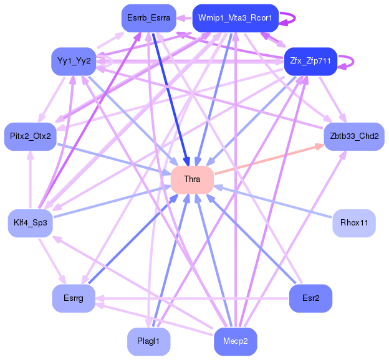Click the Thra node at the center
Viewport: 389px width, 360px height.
[192, 179]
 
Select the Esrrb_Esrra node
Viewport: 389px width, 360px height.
[148, 18]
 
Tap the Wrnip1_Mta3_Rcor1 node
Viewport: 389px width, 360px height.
[235, 18]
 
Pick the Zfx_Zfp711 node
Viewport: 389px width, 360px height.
[310, 61]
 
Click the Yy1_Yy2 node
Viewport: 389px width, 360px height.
[74, 61]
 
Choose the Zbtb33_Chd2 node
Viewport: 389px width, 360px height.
[353, 136]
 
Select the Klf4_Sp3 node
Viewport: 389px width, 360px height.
[31, 223]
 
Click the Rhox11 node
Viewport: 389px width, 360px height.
[353, 223]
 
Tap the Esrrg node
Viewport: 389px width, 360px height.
[74, 298]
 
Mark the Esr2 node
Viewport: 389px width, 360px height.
[310, 298]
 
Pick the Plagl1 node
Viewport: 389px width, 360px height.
[148, 341]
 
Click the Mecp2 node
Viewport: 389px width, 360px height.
[235, 341]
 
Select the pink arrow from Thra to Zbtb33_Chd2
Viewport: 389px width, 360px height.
[268, 159]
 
